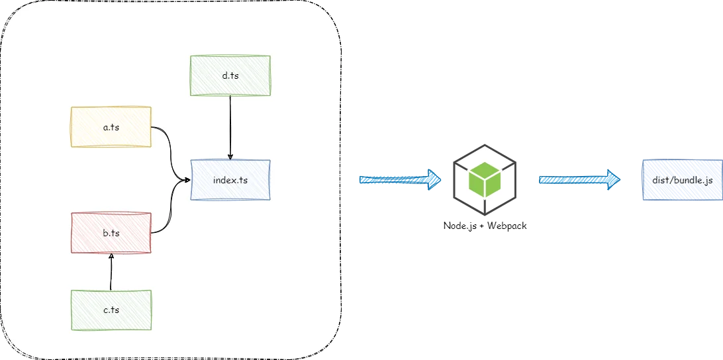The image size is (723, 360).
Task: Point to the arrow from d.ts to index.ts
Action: (230, 126)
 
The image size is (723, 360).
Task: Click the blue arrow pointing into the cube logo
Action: (397, 179)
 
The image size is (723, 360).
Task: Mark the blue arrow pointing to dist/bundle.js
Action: (577, 179)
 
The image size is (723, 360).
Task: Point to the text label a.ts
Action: (111, 126)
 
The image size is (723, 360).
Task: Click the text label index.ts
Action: (230, 179)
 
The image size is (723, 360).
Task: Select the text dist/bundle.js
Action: (682, 179)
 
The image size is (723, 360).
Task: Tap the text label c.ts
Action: (111, 310)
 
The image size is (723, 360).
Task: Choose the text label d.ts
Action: (230, 75)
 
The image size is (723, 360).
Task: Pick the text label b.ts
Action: (111, 232)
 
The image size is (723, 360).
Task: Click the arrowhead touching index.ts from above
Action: (230, 156)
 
